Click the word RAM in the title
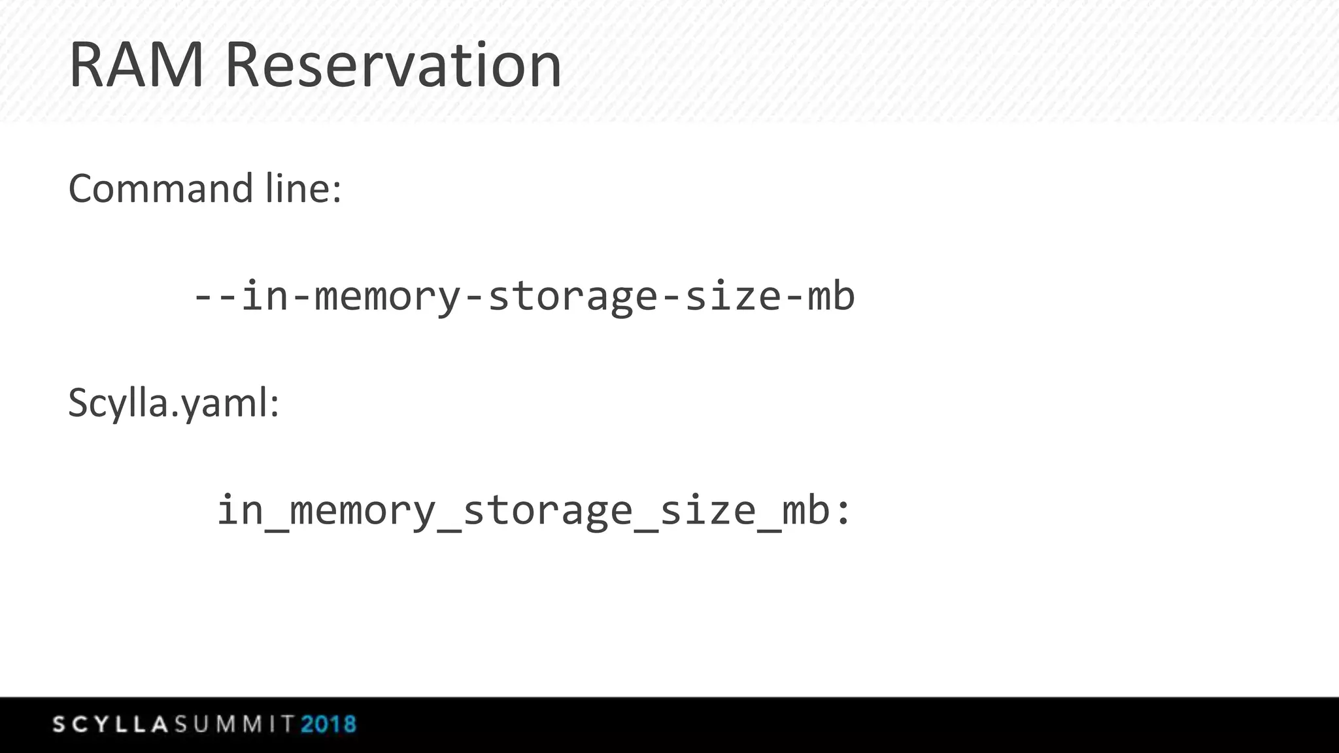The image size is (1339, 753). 136,65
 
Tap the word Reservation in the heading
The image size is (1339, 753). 392,65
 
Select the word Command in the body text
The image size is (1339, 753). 160,189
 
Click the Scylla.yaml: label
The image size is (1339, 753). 174,403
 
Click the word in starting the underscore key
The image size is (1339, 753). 240,510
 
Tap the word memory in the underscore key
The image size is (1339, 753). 363,510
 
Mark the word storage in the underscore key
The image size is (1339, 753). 548,510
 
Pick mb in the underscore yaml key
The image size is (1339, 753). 806,510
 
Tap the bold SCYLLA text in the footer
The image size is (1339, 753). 111,724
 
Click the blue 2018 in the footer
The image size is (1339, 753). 329,724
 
